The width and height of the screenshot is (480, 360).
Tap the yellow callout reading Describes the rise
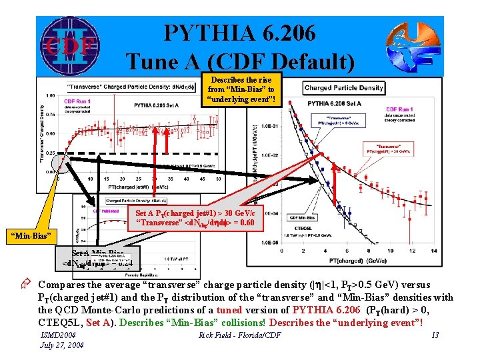(241, 89)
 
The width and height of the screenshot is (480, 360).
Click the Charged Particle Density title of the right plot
(344, 88)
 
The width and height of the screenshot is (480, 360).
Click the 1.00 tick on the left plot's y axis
(51, 95)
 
